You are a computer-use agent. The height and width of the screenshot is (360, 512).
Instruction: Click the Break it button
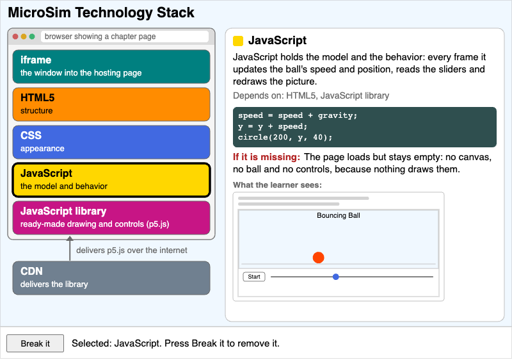[35, 343]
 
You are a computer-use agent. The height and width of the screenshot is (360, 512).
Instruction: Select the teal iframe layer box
[111, 67]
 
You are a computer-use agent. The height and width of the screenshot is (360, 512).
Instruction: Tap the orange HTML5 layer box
[111, 104]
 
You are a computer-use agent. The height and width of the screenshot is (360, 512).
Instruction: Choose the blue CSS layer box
[111, 142]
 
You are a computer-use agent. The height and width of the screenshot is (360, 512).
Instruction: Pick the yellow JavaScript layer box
[111, 180]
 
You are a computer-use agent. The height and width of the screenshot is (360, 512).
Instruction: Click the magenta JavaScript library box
[111, 218]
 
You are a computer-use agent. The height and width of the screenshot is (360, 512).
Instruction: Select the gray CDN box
[111, 278]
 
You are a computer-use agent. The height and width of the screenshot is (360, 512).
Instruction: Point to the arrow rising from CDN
[70, 249]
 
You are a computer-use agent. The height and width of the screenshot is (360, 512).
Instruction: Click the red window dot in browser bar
[15, 37]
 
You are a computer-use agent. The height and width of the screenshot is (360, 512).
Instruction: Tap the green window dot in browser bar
[32, 37]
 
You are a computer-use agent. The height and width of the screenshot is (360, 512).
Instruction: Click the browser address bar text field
[125, 37]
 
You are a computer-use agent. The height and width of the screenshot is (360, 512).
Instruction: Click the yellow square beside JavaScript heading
[238, 41]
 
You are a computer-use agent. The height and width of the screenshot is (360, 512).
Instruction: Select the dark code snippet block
[365, 127]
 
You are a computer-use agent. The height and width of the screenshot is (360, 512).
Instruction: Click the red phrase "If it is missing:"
[266, 157]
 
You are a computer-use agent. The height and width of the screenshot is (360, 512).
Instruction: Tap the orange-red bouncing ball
[318, 258]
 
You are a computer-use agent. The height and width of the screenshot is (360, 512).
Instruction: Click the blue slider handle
[335, 277]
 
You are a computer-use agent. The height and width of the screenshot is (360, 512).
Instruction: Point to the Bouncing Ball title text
[339, 215]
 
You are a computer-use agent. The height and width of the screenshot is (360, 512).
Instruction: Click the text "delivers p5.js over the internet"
[132, 250]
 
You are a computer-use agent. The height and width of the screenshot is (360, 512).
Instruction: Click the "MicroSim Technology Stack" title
[101, 13]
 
